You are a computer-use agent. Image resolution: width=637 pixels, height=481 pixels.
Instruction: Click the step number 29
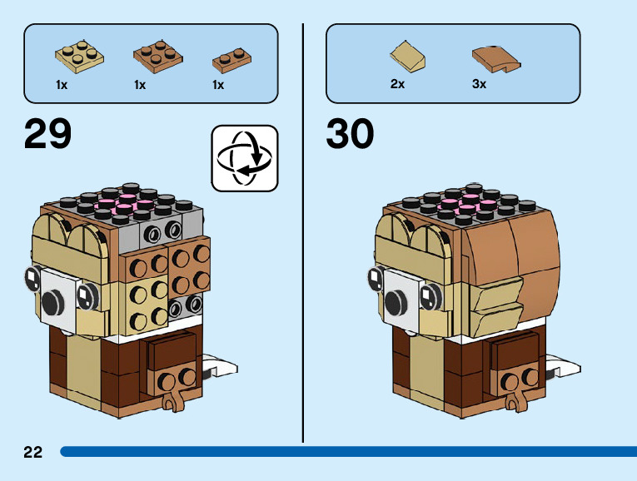click(48, 135)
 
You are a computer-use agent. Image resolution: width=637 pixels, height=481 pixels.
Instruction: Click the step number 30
click(351, 135)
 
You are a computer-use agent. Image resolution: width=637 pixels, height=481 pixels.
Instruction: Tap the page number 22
click(33, 452)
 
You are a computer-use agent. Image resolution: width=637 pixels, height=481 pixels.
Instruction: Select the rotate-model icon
click(245, 158)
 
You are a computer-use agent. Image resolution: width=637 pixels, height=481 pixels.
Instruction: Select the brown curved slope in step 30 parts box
click(495, 57)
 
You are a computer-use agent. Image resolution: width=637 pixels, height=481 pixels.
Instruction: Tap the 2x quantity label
click(397, 84)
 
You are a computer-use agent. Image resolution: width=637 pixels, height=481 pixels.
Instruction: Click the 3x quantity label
click(479, 84)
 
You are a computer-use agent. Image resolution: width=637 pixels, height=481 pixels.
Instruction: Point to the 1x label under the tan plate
click(62, 84)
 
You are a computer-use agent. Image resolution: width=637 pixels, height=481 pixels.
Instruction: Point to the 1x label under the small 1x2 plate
click(218, 84)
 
